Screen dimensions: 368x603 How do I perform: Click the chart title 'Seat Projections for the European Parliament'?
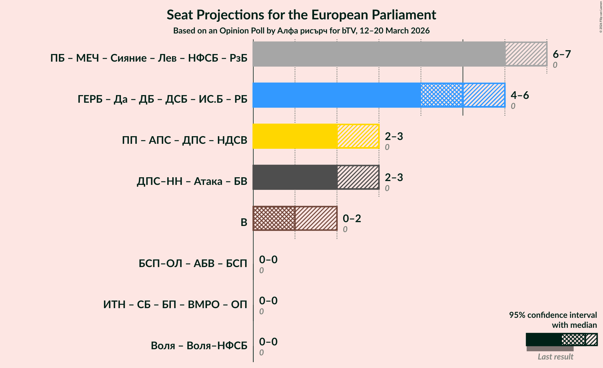point(301,15)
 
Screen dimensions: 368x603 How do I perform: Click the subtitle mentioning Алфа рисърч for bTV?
point(301,31)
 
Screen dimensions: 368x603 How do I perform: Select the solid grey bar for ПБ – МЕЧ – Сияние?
point(379,54)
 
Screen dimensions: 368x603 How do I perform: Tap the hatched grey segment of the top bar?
point(526,54)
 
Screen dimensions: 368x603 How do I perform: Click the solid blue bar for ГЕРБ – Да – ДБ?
point(336,95)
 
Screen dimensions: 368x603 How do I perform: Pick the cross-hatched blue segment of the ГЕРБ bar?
point(442,95)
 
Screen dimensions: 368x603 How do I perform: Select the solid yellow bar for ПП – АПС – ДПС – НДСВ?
point(295,136)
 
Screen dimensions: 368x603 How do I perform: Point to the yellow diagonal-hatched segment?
point(358,136)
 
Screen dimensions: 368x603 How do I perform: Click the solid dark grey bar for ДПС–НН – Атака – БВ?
point(295,177)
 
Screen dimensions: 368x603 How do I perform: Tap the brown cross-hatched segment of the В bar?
point(274,218)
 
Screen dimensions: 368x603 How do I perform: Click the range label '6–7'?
point(562,54)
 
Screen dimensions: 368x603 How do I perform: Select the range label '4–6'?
point(520,95)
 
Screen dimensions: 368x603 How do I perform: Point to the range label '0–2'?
point(352,219)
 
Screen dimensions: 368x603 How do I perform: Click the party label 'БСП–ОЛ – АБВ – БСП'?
point(193,264)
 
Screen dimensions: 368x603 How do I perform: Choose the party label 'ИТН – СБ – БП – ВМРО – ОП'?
point(175,305)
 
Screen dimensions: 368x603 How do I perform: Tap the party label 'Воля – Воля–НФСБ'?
point(199,346)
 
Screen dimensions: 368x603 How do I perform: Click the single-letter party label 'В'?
point(244,222)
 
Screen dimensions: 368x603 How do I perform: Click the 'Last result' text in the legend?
point(555,357)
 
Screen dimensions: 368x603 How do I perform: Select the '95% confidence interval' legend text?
point(553,315)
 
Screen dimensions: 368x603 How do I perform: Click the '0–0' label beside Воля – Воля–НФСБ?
point(268,342)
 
